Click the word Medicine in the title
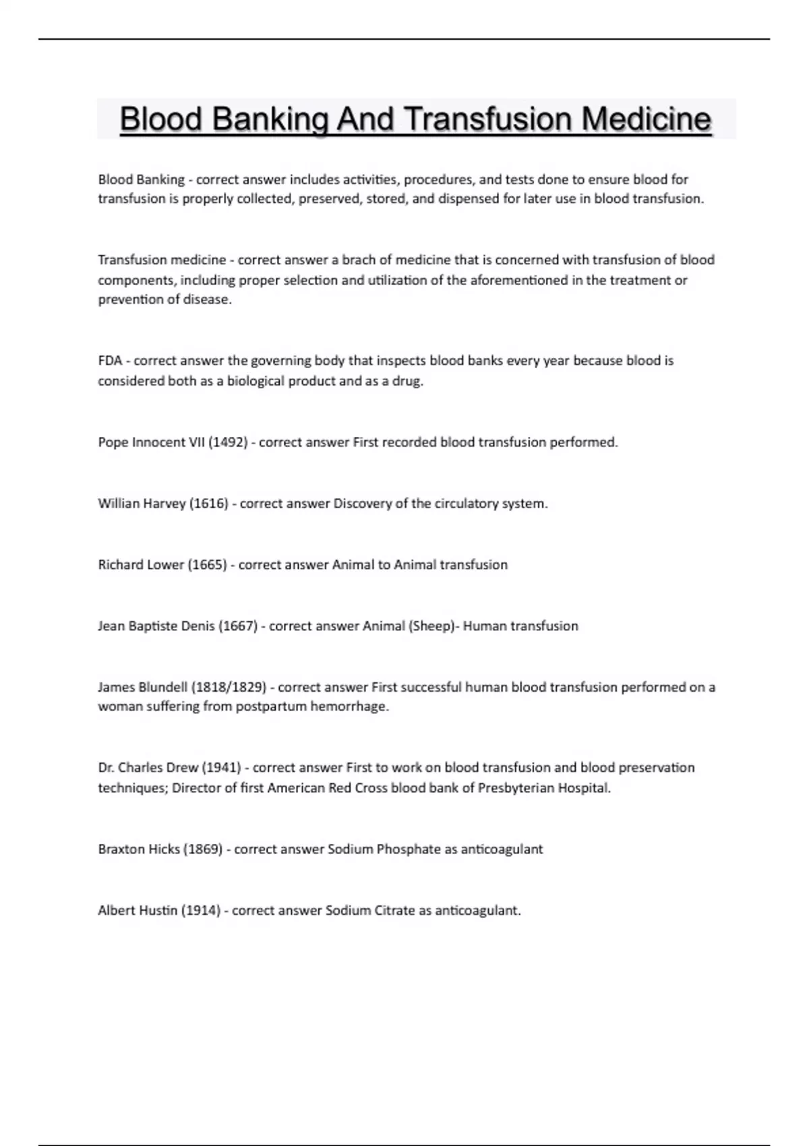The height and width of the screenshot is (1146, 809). click(646, 120)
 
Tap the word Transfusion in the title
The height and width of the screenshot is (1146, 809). click(489, 120)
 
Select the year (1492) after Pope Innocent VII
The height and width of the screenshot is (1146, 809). click(228, 442)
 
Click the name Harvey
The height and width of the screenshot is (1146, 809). click(164, 504)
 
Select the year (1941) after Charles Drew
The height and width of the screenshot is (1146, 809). click(222, 768)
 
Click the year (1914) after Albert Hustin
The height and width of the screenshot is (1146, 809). click(201, 911)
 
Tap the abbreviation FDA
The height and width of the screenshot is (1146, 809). click(110, 361)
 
